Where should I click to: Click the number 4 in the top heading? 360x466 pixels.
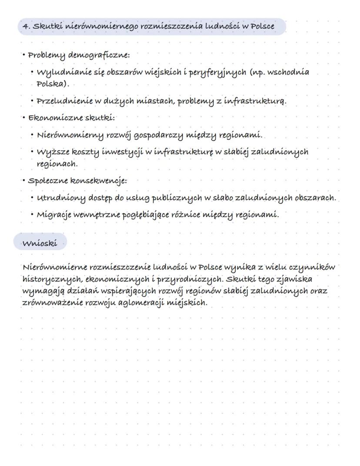click(24, 27)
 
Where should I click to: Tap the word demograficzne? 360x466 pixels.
click(104, 56)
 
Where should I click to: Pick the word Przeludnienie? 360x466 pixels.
click(65, 101)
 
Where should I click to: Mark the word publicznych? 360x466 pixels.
click(177, 198)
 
